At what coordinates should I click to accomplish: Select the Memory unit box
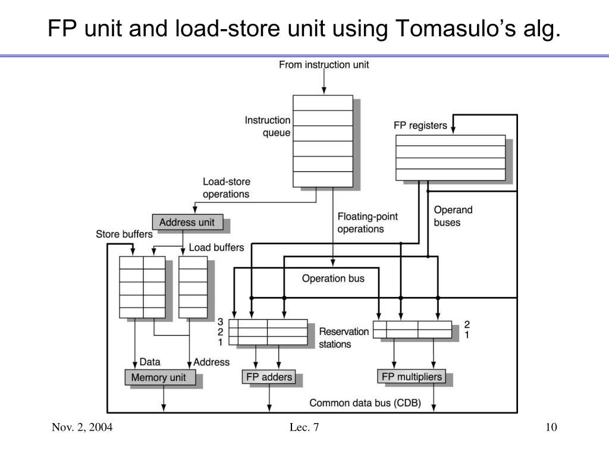point(159,377)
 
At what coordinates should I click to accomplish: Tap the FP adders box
point(269,377)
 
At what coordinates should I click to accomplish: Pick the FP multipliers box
point(412,377)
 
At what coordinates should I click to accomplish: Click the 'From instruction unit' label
point(324,64)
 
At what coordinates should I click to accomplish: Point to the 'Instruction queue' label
point(268,127)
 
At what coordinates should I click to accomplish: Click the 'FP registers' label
point(420,126)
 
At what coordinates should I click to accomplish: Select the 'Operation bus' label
point(333,278)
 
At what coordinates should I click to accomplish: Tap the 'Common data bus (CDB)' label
point(365,403)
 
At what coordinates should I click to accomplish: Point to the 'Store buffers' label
point(124,234)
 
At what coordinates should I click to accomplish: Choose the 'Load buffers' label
point(216,247)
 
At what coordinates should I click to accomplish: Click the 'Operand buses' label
point(453,216)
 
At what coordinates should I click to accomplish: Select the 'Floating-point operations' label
point(367,223)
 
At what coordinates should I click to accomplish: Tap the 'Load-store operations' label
point(227,188)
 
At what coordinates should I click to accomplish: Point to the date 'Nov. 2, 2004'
point(82,427)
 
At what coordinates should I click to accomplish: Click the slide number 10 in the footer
point(550,427)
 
